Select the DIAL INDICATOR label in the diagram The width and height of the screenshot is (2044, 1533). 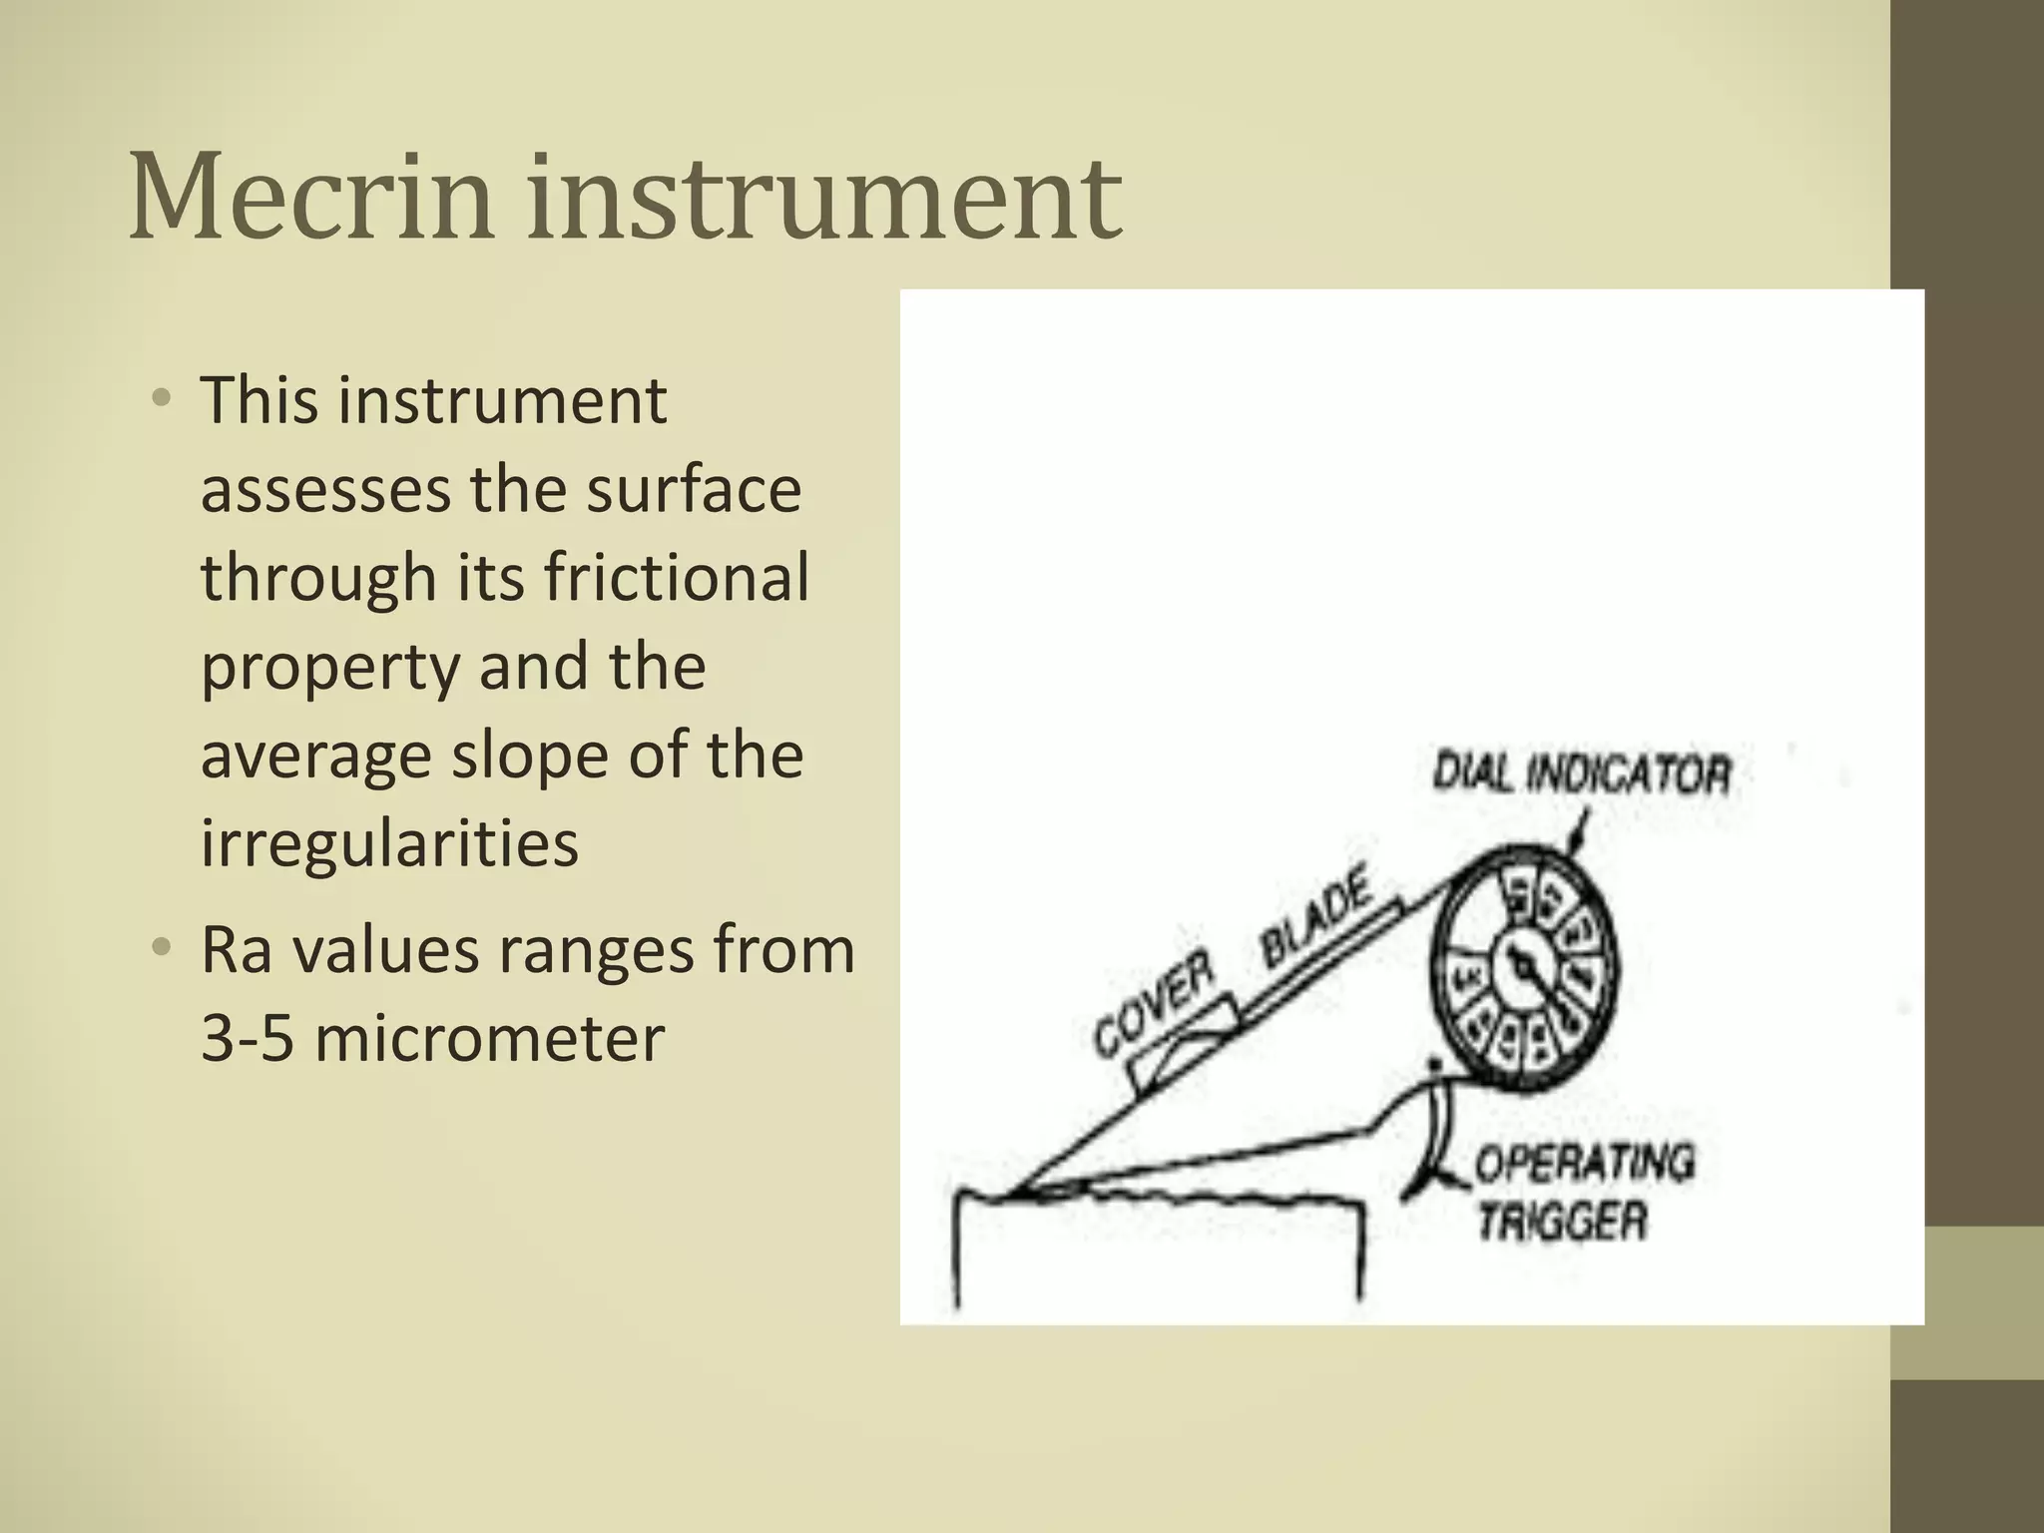click(1581, 773)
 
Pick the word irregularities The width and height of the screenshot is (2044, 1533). click(389, 842)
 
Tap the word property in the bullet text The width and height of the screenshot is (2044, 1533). click(328, 667)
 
